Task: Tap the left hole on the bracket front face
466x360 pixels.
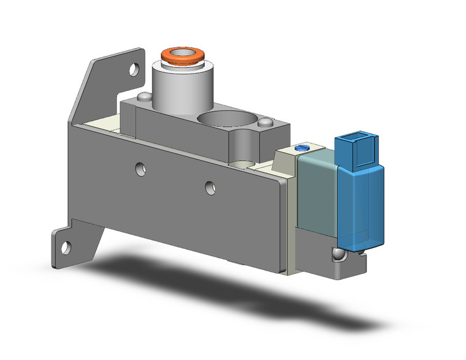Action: (141, 167)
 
